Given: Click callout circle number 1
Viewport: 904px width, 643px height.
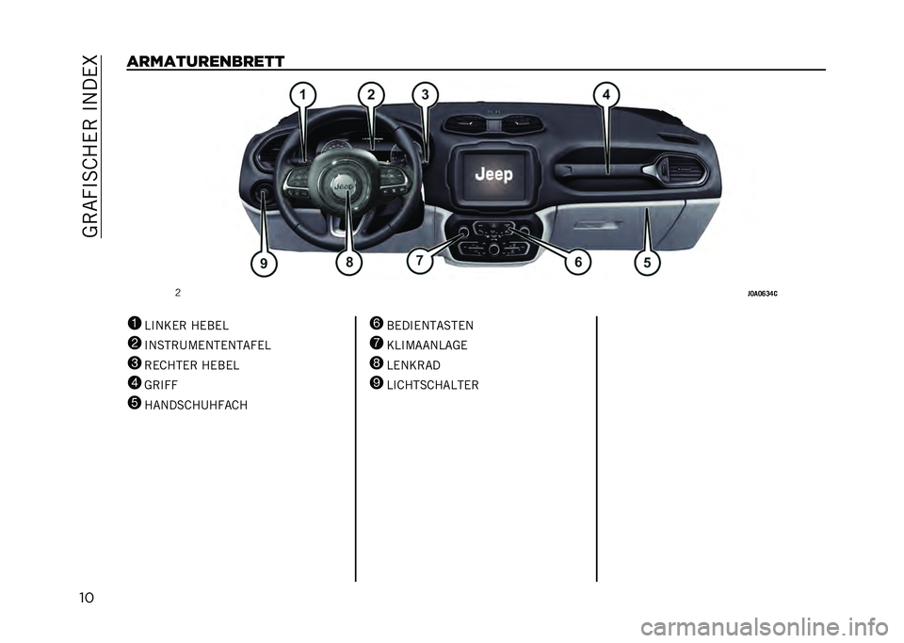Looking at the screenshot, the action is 303,94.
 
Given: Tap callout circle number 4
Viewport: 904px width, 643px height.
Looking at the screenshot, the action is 605,94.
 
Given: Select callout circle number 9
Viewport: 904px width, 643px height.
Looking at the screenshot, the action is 264,264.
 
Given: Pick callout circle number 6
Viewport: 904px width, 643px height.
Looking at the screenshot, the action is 577,262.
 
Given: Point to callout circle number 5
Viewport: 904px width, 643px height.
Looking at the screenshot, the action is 647,264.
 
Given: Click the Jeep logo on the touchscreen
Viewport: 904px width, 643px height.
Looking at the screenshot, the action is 493,173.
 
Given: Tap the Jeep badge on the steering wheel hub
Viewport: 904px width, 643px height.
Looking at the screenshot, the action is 345,186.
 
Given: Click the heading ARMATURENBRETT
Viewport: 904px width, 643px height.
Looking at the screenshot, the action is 205,61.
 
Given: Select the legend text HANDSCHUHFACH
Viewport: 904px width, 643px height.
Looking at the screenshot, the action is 196,405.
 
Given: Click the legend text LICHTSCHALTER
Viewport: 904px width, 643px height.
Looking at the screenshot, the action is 432,385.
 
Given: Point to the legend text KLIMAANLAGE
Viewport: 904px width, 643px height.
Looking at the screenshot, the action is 427,346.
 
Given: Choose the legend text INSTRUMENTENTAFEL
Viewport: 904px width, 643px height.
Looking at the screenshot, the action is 207,346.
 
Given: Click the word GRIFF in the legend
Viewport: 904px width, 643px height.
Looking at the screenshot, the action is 161,385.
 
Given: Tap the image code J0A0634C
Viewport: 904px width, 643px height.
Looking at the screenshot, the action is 762,294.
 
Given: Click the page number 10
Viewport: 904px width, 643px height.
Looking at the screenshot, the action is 86,598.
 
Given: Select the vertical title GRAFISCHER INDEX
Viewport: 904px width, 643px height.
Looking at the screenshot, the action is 90,146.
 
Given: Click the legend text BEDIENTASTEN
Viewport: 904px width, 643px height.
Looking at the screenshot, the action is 430,326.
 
